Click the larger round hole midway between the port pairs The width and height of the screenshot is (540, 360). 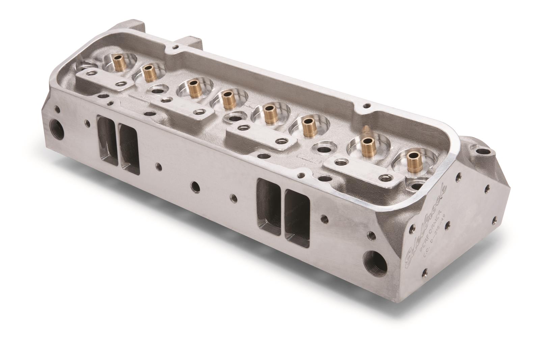click(x=195, y=185)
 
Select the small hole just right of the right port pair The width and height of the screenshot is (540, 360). click(x=325, y=219)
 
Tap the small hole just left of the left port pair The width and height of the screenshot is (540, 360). click(x=87, y=122)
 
